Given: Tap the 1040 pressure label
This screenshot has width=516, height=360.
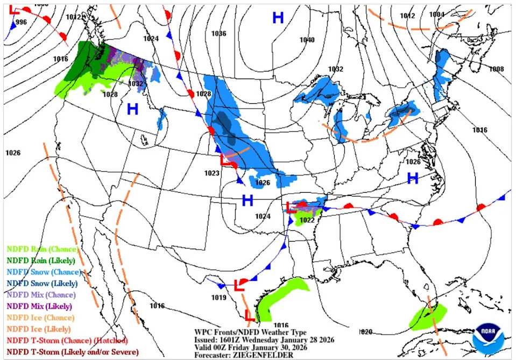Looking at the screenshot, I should point(307,40).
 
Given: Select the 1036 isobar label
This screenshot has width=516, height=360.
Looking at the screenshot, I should point(218,33).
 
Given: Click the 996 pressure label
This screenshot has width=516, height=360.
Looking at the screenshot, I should point(21,22).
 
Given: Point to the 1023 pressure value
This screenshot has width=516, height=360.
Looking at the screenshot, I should point(212,173).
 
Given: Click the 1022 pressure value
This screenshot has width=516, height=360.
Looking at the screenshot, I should point(307,220).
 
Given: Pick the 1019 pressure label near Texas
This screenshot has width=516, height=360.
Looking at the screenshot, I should point(218,298).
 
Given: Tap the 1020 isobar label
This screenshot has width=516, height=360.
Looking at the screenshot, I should point(365,331).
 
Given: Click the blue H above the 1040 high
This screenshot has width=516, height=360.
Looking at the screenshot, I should point(278,18).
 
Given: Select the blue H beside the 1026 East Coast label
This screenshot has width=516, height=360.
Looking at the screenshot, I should point(413,178).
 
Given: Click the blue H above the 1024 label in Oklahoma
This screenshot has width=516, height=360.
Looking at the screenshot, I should point(247,201).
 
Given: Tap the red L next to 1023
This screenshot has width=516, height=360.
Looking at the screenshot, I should point(225,160).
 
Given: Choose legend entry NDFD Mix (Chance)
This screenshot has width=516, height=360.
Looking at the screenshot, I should point(41,294).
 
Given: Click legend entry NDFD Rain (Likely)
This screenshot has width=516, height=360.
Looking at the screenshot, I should point(43,260).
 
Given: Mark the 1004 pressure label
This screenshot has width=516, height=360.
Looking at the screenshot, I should point(437,15).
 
